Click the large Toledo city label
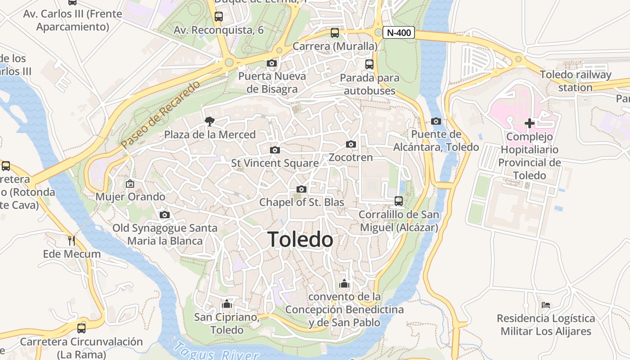[300, 240]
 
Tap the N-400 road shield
[398, 33]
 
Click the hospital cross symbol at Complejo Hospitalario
[530, 123]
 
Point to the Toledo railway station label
[576, 81]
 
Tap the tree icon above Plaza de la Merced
[209, 121]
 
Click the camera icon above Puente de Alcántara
[436, 121]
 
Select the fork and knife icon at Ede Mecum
[72, 240]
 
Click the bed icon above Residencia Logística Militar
[546, 305]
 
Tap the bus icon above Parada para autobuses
[369, 64]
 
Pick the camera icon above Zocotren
[351, 144]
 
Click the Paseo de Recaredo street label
[160, 115]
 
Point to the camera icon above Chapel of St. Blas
[301, 189]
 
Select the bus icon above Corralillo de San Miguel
[399, 201]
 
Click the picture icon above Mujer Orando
[130, 184]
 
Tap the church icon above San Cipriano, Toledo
[227, 304]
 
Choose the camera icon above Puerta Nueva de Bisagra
[272, 63]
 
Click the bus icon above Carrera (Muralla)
[335, 32]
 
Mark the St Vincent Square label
[274, 163]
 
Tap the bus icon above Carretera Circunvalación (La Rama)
[81, 328]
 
